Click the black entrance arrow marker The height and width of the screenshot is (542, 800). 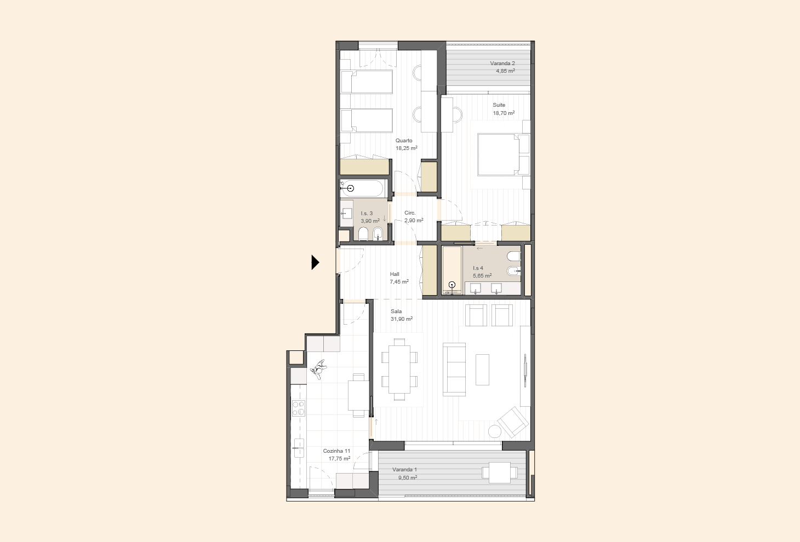pyautogui.click(x=315, y=262)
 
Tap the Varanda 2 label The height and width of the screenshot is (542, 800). pyautogui.click(x=502, y=64)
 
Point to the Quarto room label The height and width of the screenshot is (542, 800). pyautogui.click(x=404, y=141)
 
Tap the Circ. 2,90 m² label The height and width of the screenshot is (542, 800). pyautogui.click(x=414, y=217)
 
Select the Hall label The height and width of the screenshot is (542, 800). pyautogui.click(x=395, y=274)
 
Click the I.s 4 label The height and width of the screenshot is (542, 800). pyautogui.click(x=478, y=268)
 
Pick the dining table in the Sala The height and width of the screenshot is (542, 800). pyautogui.click(x=399, y=370)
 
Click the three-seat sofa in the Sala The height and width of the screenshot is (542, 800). pyautogui.click(x=454, y=370)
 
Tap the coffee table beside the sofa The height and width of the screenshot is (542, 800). pyautogui.click(x=482, y=370)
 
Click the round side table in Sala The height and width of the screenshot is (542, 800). pyautogui.click(x=495, y=431)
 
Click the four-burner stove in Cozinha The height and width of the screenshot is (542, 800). pyautogui.click(x=299, y=408)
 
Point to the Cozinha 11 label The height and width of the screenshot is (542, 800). pyautogui.click(x=336, y=451)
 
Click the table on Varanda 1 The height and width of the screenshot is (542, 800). pyautogui.click(x=499, y=473)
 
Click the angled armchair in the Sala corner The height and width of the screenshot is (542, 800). pyautogui.click(x=513, y=422)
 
